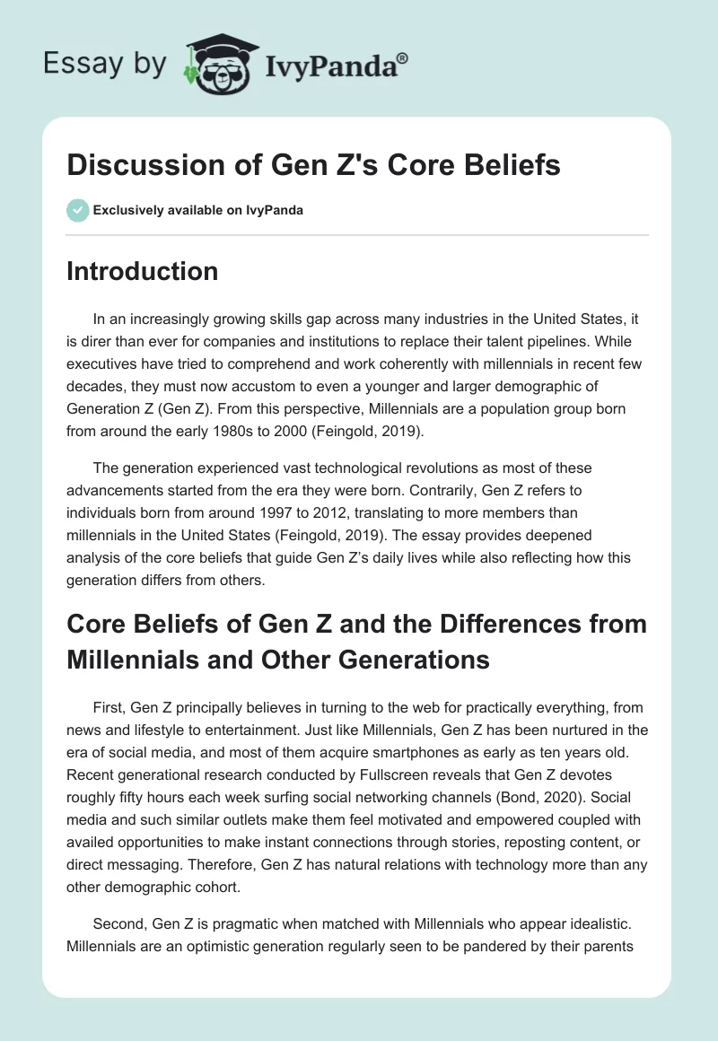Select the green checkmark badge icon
click(x=77, y=210)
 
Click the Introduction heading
click(x=142, y=271)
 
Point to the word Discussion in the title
click(x=136, y=166)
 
